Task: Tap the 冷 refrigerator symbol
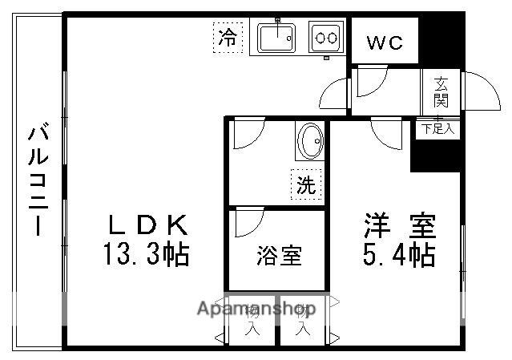(228, 36)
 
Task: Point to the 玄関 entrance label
(441, 92)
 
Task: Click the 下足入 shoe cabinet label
(437, 127)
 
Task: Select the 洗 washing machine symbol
(306, 185)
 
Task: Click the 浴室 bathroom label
(280, 257)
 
